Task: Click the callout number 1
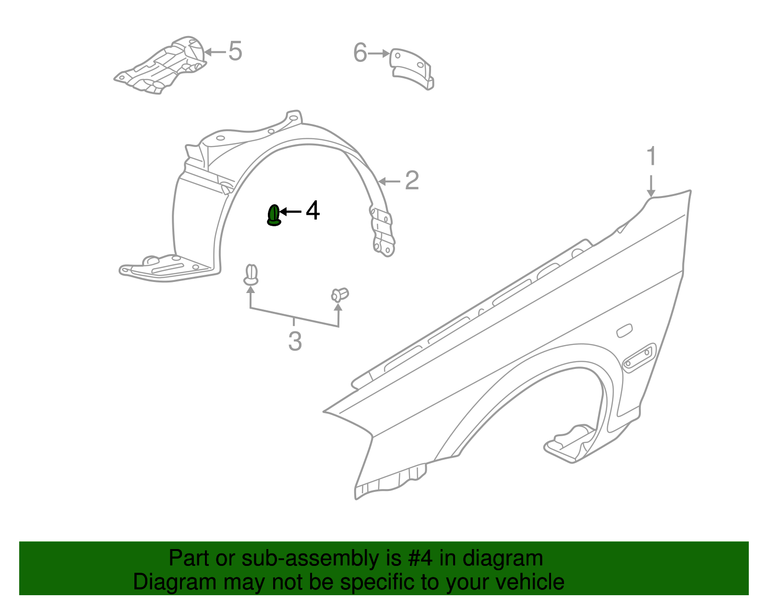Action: pos(651,157)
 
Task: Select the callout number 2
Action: pos(412,181)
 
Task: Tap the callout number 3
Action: pos(295,341)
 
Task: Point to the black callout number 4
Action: pos(312,211)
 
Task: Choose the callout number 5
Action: pos(235,51)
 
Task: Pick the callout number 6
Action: pos(360,53)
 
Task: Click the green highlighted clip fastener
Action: pos(274,215)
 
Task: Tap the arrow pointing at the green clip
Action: pos(290,211)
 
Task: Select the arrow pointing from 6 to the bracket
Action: pos(379,53)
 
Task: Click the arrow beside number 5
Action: pos(215,51)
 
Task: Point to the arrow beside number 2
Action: pos(389,181)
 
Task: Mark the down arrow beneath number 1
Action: pos(651,186)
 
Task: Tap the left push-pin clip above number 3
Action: pos(251,274)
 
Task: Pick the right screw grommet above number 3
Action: pos(339,294)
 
